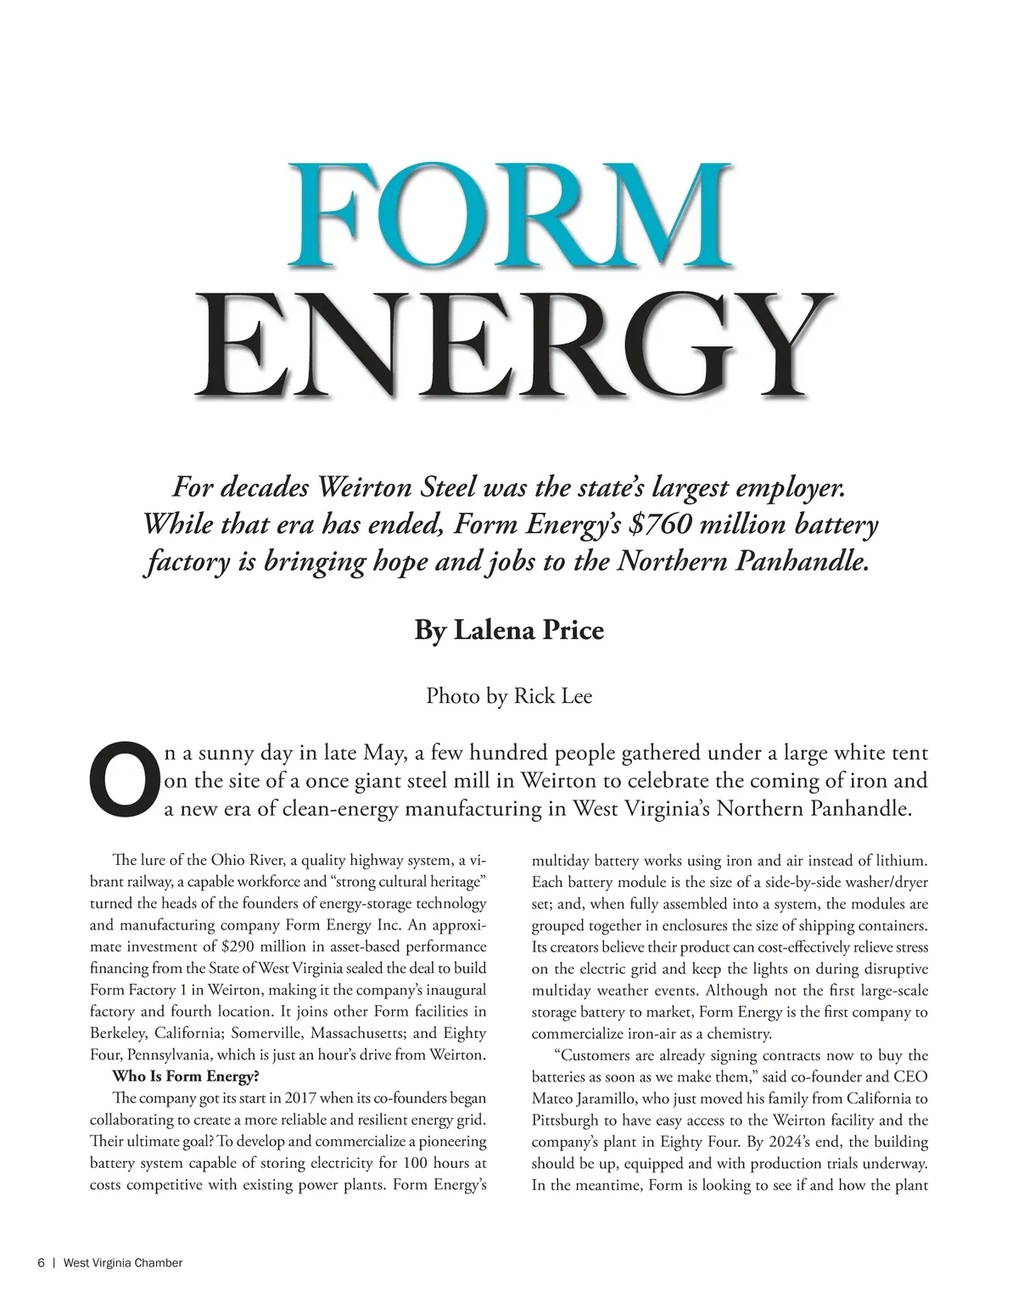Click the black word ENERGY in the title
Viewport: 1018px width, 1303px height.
click(x=512, y=345)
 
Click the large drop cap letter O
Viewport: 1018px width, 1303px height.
click(x=124, y=778)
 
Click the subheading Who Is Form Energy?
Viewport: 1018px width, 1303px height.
click(x=186, y=1077)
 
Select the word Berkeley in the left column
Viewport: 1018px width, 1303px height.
click(x=118, y=1034)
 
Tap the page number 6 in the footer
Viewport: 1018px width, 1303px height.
click(x=41, y=1263)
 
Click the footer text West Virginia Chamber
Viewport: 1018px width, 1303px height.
click(x=123, y=1263)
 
